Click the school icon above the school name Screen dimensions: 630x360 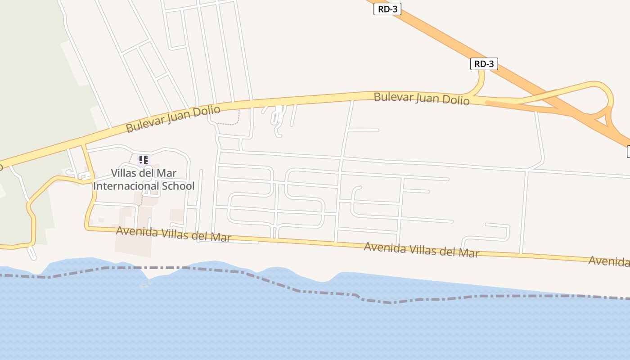(144, 159)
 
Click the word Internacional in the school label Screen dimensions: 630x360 (124, 186)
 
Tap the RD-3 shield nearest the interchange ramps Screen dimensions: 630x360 (484, 64)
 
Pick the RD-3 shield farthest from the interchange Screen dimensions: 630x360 (387, 9)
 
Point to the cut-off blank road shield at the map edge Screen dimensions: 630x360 (628, 152)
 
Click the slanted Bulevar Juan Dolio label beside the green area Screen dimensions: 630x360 (173, 119)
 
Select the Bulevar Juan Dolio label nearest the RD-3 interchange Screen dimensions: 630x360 (422, 98)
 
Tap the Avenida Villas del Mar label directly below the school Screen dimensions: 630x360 (174, 234)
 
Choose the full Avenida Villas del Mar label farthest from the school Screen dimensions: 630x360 (421, 249)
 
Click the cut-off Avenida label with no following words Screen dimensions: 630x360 (609, 261)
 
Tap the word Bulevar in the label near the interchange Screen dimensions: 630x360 (390, 96)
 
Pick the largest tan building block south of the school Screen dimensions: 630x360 (133, 243)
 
